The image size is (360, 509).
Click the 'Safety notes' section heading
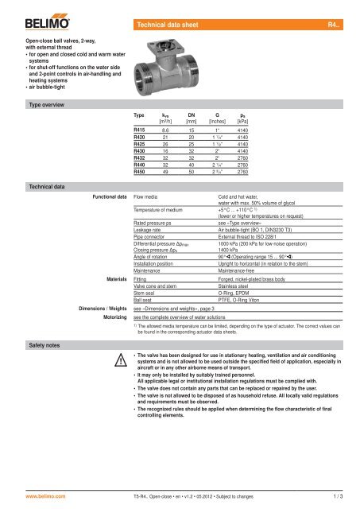26,344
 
